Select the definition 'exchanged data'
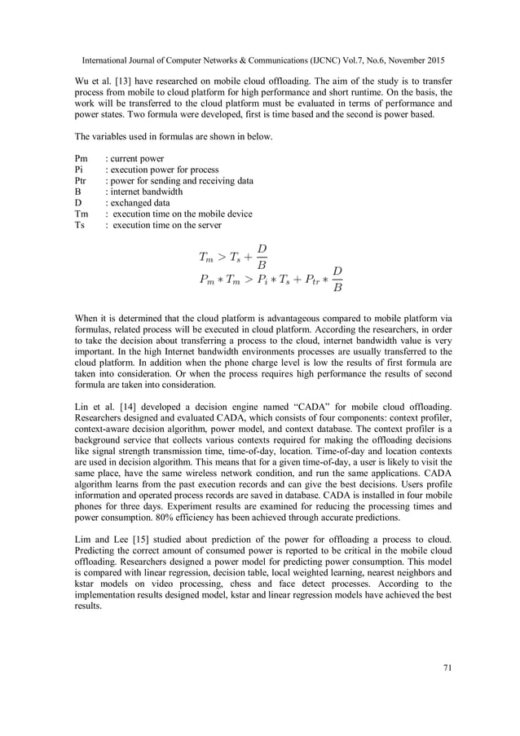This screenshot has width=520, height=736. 140,203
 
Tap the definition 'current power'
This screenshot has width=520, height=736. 137,158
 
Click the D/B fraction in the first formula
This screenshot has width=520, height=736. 262,255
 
